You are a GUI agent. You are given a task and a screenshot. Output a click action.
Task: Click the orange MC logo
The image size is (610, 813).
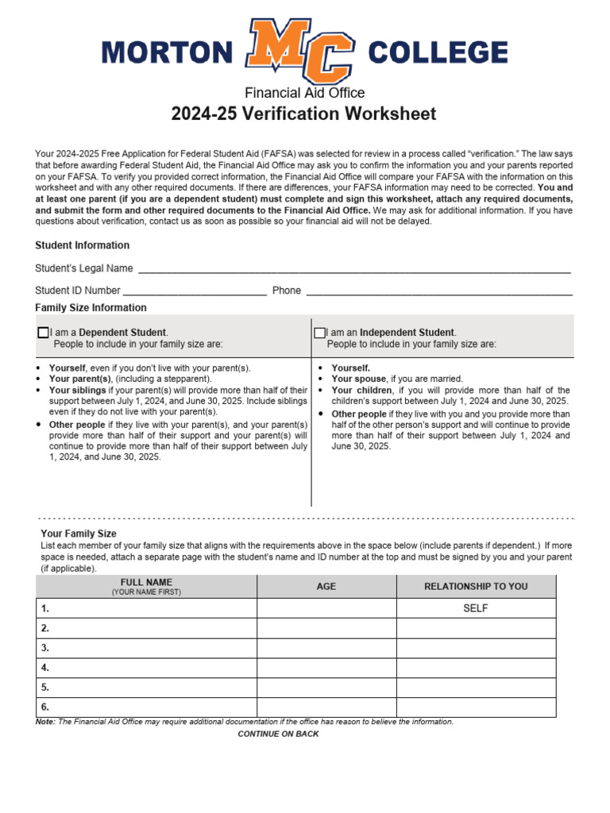[299, 52]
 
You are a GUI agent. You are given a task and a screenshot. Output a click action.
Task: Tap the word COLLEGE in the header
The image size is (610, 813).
[438, 53]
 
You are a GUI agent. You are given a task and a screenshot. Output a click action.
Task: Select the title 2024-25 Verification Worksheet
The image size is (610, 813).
[304, 114]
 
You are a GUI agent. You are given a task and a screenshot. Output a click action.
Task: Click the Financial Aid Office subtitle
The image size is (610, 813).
[304, 93]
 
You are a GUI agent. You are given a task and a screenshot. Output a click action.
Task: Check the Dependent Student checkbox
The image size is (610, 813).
[43, 332]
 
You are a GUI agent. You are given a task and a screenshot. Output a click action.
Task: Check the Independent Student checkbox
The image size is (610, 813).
[320, 332]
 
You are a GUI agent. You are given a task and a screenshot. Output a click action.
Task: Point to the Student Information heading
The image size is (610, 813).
[82, 245]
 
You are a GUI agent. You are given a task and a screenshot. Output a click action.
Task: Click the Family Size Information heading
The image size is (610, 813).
[91, 307]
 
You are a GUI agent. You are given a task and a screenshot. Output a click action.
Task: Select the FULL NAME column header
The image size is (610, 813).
[146, 586]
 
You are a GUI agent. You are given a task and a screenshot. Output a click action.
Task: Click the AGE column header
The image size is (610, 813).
[326, 587]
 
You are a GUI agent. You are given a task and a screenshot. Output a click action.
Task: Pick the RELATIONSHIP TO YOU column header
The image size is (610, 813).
[476, 587]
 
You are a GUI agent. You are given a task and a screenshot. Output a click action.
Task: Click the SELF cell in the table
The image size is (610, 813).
[476, 608]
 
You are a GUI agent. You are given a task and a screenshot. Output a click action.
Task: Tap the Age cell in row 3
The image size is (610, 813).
[326, 648]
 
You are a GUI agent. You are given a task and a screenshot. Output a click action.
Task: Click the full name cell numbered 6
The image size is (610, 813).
[146, 707]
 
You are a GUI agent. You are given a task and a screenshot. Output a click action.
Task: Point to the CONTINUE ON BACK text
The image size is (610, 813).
[278, 734]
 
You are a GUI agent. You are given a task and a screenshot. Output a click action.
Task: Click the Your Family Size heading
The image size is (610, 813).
[79, 534]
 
